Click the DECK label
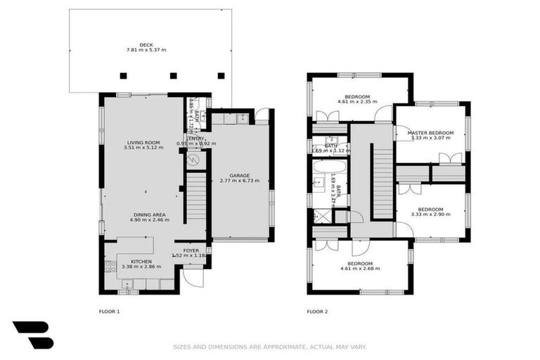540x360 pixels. coord(146,44)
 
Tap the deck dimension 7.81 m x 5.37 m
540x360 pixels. coord(146,51)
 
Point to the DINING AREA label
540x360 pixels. coord(149,214)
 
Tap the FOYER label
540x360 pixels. coord(191,250)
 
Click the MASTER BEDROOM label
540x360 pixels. coord(432,133)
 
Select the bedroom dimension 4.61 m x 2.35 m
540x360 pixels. coord(357,102)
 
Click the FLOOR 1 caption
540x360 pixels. coord(109,311)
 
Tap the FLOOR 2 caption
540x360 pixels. coord(317,311)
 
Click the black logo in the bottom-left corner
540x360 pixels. coord(32,335)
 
